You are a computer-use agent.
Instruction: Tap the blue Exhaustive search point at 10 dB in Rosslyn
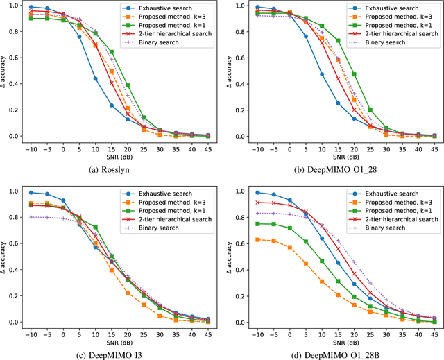point(95,78)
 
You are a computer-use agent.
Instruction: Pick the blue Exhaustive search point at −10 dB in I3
point(31,192)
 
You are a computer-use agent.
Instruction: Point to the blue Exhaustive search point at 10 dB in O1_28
point(321,74)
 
